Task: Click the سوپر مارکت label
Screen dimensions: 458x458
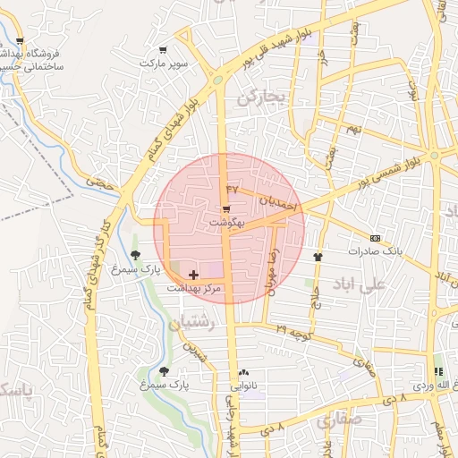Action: [163, 64]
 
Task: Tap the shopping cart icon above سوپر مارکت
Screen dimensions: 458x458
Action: [162, 50]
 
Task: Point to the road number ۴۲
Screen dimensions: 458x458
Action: [233, 190]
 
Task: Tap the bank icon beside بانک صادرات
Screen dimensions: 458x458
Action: [375, 239]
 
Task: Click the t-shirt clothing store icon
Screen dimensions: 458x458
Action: [317, 255]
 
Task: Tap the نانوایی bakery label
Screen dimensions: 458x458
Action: [244, 386]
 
